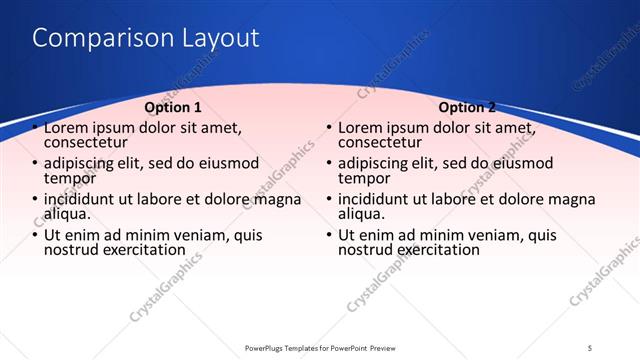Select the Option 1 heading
[173, 107]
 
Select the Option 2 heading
[467, 107]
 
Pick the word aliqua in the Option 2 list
[361, 214]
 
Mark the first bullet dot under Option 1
[37, 128]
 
